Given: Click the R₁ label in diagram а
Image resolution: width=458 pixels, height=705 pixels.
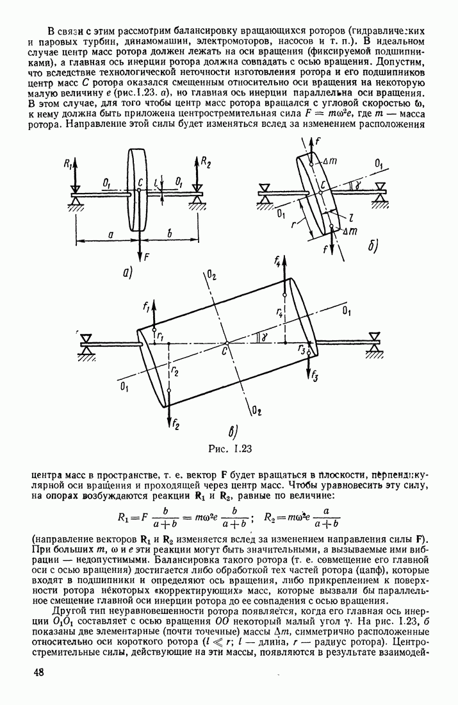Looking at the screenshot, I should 66,164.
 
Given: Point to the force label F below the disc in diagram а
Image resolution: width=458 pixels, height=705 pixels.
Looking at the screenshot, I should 147,257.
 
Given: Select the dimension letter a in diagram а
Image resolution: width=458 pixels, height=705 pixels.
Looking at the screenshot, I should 110,236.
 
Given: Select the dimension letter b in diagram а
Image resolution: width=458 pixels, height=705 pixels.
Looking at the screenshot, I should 170,236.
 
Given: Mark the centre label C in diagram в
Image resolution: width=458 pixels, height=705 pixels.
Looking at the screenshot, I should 225,351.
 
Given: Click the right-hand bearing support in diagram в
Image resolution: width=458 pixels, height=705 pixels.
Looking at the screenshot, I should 374,342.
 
